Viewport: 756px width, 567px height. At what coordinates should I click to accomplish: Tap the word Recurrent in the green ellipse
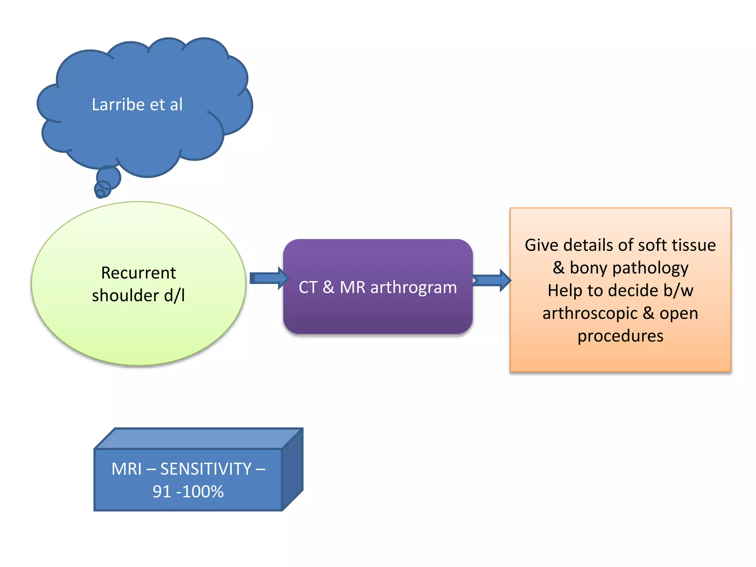point(138,273)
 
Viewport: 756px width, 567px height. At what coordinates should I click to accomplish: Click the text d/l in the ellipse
point(174,295)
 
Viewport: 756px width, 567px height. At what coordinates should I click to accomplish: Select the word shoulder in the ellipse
point(125,296)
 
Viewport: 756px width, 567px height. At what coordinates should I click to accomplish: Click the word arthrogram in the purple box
point(413,287)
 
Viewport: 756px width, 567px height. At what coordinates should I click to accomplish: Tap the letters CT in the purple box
point(308,287)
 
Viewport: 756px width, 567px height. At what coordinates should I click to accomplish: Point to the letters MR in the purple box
point(352,287)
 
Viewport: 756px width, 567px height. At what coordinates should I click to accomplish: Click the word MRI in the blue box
point(127,469)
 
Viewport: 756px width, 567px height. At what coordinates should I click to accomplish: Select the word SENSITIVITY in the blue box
point(206,469)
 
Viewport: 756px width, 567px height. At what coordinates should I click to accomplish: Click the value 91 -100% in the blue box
point(188,492)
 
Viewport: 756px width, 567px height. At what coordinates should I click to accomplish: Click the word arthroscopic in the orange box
point(590,314)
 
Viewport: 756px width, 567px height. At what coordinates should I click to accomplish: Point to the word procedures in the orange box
point(620,336)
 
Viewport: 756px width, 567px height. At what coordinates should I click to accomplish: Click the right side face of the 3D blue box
point(292,469)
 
